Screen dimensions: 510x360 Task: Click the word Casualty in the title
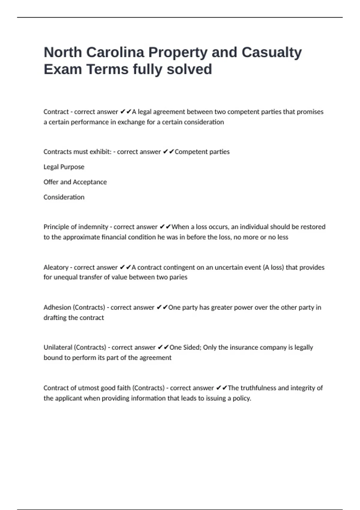pos(271,52)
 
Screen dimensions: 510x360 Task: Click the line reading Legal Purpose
pos(64,167)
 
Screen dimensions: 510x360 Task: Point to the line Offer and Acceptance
pos(75,182)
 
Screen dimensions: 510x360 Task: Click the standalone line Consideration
pos(64,197)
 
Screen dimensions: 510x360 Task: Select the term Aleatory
pos(56,267)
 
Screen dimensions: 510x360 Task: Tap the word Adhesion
pos(57,307)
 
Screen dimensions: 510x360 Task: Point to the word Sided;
pos(192,347)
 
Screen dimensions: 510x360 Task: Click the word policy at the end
pos(242,398)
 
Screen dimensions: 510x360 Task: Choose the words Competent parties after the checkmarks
pos(202,152)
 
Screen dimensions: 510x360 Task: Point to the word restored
pos(313,227)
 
